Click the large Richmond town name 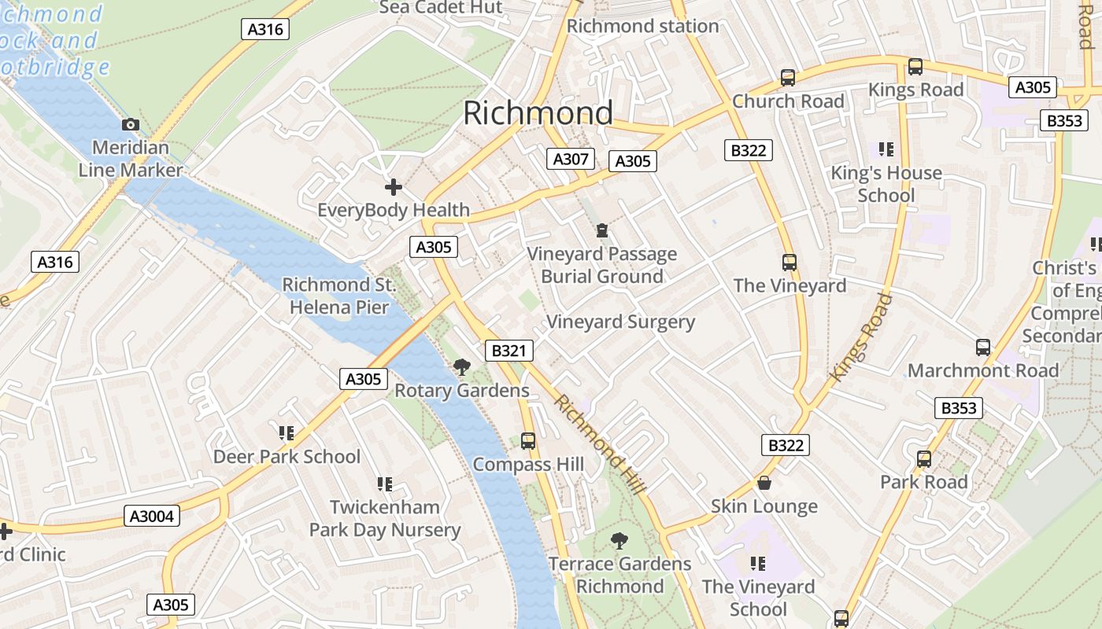(x=538, y=113)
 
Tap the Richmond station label (x=642, y=26)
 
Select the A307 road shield (x=571, y=159)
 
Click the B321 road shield (x=508, y=351)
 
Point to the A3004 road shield (x=152, y=517)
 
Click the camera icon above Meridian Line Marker (x=131, y=125)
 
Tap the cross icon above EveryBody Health (x=393, y=187)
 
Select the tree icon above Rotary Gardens (x=462, y=366)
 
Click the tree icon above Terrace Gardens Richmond (x=619, y=541)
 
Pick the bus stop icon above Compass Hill (x=528, y=441)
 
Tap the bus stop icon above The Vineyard (x=790, y=263)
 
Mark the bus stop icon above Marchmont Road (x=983, y=348)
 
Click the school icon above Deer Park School (x=287, y=433)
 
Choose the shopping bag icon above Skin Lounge (x=764, y=483)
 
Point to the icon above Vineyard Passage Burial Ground (x=602, y=230)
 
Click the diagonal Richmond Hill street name (x=600, y=445)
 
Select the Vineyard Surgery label (x=620, y=322)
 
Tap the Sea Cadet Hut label (x=441, y=8)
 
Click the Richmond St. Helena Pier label (x=339, y=296)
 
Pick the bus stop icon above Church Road (x=788, y=78)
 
